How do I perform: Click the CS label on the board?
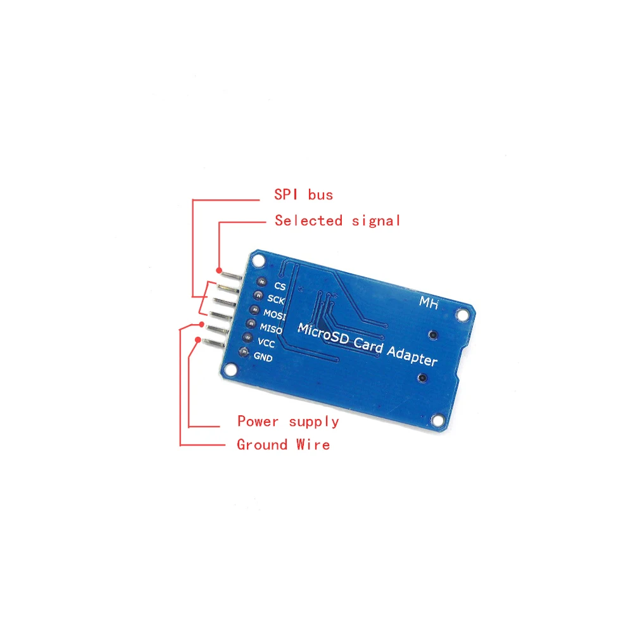click(280, 286)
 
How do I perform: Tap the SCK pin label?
click(276, 299)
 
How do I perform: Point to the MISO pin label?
click(271, 329)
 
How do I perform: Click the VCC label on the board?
click(266, 343)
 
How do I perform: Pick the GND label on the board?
click(263, 358)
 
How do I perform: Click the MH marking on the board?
click(429, 303)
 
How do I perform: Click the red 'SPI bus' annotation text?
click(303, 194)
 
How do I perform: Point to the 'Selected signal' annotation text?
click(337, 220)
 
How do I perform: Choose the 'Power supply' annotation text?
click(288, 421)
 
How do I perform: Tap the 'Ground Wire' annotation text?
click(283, 444)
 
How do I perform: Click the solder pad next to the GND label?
click(243, 353)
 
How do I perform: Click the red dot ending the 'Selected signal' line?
click(219, 268)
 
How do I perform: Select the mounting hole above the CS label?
click(257, 260)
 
